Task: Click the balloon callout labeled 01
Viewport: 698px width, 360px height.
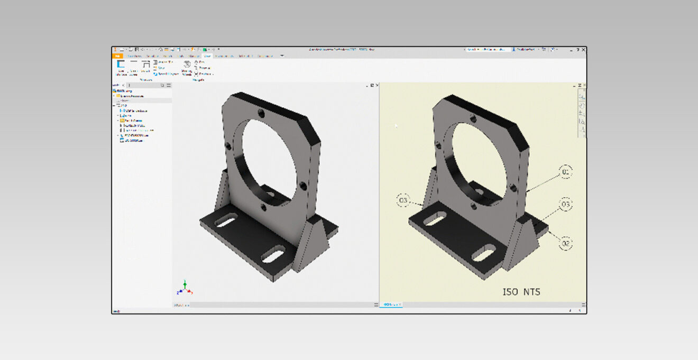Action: pos(565,172)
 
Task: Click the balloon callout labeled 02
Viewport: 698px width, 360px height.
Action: pos(565,243)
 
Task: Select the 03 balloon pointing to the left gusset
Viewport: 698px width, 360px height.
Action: pos(403,200)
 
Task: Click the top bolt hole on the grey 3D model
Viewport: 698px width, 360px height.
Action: pos(261,112)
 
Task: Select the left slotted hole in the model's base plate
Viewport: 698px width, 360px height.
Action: pos(226,221)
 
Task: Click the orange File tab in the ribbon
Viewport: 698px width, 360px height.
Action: pos(117,56)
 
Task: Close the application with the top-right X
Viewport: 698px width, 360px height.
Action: pos(583,50)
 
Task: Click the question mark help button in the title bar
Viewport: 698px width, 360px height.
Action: pos(577,50)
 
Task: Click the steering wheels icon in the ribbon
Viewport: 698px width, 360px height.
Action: pos(187,65)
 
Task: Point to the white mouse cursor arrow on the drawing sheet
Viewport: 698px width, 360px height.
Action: pos(396,126)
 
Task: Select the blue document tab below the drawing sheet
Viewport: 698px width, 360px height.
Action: pos(391,304)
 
